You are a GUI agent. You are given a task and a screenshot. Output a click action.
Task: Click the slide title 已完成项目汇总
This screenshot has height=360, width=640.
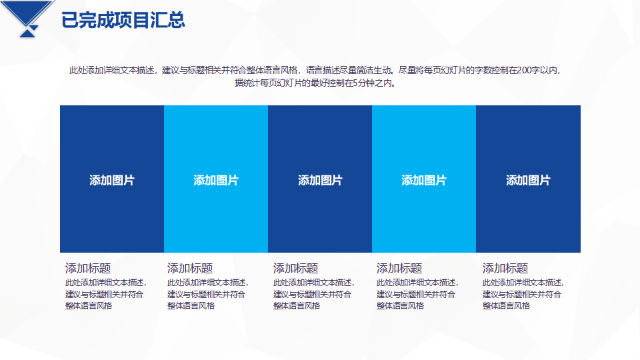click(x=123, y=20)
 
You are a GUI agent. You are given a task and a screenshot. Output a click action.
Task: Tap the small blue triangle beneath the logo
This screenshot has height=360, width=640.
click(x=27, y=33)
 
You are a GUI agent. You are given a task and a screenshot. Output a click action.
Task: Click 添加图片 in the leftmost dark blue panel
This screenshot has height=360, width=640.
click(x=112, y=180)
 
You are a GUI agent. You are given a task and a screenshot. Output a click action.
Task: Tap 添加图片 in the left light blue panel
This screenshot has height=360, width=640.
click(x=216, y=180)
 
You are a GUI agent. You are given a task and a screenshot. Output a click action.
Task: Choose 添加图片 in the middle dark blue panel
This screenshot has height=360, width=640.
click(x=320, y=180)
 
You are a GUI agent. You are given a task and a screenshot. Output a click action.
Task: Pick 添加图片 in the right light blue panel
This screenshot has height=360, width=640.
click(x=424, y=180)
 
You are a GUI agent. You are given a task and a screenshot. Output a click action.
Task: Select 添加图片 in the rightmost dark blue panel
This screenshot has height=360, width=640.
click(x=528, y=180)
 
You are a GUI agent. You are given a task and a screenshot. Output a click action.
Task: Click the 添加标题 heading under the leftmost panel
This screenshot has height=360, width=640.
click(x=88, y=268)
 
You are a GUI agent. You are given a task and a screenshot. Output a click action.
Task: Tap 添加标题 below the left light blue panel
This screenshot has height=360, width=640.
click(x=190, y=268)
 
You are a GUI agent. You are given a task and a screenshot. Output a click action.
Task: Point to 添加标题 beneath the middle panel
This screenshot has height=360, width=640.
click(x=295, y=268)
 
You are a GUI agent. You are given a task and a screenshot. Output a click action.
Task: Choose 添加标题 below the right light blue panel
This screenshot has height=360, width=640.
click(x=399, y=268)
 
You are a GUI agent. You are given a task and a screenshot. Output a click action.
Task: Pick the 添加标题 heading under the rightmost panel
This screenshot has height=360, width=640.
click(x=505, y=268)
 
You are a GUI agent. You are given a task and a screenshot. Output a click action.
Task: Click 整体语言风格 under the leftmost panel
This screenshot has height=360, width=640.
click(x=89, y=306)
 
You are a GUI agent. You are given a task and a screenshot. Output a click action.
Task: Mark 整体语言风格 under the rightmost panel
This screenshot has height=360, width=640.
click(x=506, y=306)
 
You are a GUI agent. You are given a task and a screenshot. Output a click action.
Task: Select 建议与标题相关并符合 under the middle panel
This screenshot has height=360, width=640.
click(x=312, y=294)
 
